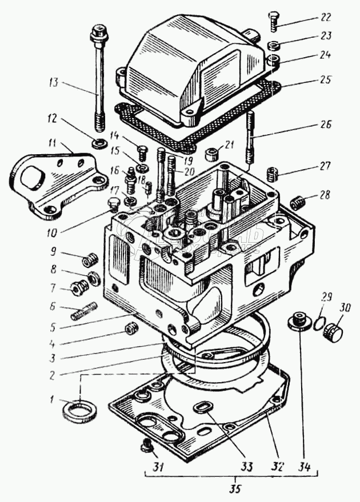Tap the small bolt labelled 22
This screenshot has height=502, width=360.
(273, 22)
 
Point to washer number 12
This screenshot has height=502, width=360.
(97, 144)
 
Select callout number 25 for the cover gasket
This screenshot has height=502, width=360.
(325, 79)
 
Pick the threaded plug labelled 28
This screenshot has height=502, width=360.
(297, 203)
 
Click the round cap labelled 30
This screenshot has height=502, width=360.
(333, 332)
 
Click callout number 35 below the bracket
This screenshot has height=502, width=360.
(235, 489)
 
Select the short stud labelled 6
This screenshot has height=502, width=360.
(83, 311)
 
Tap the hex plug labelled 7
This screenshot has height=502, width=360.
(78, 288)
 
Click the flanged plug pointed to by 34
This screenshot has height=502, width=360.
(299, 321)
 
